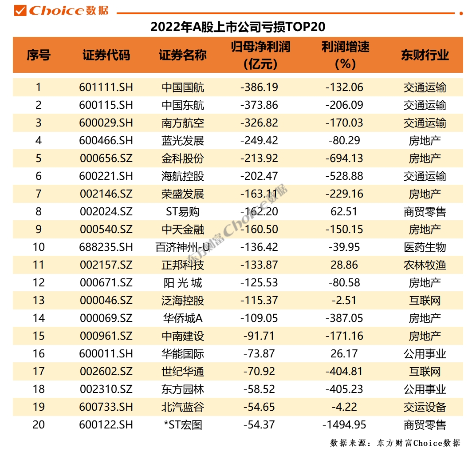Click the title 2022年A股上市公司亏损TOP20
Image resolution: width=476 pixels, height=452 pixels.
point(238,27)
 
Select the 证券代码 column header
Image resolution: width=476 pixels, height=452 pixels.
point(106,56)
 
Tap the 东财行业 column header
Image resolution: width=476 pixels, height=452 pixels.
point(425,56)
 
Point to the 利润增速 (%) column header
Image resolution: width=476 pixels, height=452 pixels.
point(346,56)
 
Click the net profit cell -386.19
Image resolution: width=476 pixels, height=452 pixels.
point(259,87)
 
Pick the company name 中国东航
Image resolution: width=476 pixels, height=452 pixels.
point(183,105)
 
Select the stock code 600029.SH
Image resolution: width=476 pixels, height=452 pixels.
point(106,123)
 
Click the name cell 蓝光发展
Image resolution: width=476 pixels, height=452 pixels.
point(183,141)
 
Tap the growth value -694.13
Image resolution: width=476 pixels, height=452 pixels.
point(344,158)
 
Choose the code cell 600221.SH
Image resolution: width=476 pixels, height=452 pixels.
point(106,176)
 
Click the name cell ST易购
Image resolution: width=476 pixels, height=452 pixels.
point(183,212)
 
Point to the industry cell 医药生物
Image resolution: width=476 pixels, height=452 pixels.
point(425,247)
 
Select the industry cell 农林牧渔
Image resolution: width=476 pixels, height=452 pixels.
point(425,265)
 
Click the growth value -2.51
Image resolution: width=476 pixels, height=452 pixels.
point(344,301)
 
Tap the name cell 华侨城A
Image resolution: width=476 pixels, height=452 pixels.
point(183,318)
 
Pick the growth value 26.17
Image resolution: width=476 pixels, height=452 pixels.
point(344,353)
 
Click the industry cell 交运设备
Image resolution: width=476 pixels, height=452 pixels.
point(425,407)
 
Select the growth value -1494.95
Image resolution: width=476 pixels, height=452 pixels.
point(344,424)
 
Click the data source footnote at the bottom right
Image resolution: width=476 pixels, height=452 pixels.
point(395,443)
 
